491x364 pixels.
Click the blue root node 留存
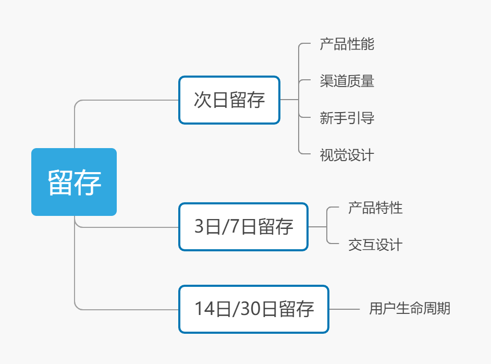click(74, 182)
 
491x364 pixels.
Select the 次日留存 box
click(229, 100)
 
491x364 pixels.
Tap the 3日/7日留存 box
click(243, 227)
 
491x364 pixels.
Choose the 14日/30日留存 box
click(254, 309)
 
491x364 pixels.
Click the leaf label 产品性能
click(347, 44)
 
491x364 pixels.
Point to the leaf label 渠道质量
click(347, 81)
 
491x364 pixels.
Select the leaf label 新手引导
click(347, 118)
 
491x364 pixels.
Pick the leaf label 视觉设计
click(347, 155)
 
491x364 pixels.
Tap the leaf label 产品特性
click(375, 208)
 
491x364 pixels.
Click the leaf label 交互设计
click(375, 245)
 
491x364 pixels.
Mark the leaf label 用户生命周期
click(410, 309)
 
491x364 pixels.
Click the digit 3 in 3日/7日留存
click(199, 226)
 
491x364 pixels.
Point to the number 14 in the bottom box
click(204, 309)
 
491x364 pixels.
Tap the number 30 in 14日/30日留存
click(250, 309)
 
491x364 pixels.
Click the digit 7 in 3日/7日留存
click(235, 226)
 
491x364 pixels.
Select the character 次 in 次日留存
click(202, 100)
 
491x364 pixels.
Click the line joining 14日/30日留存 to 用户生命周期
click(344, 309)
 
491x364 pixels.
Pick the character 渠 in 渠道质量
click(326, 81)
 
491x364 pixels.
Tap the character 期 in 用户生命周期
click(444, 309)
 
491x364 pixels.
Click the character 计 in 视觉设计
click(367, 155)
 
